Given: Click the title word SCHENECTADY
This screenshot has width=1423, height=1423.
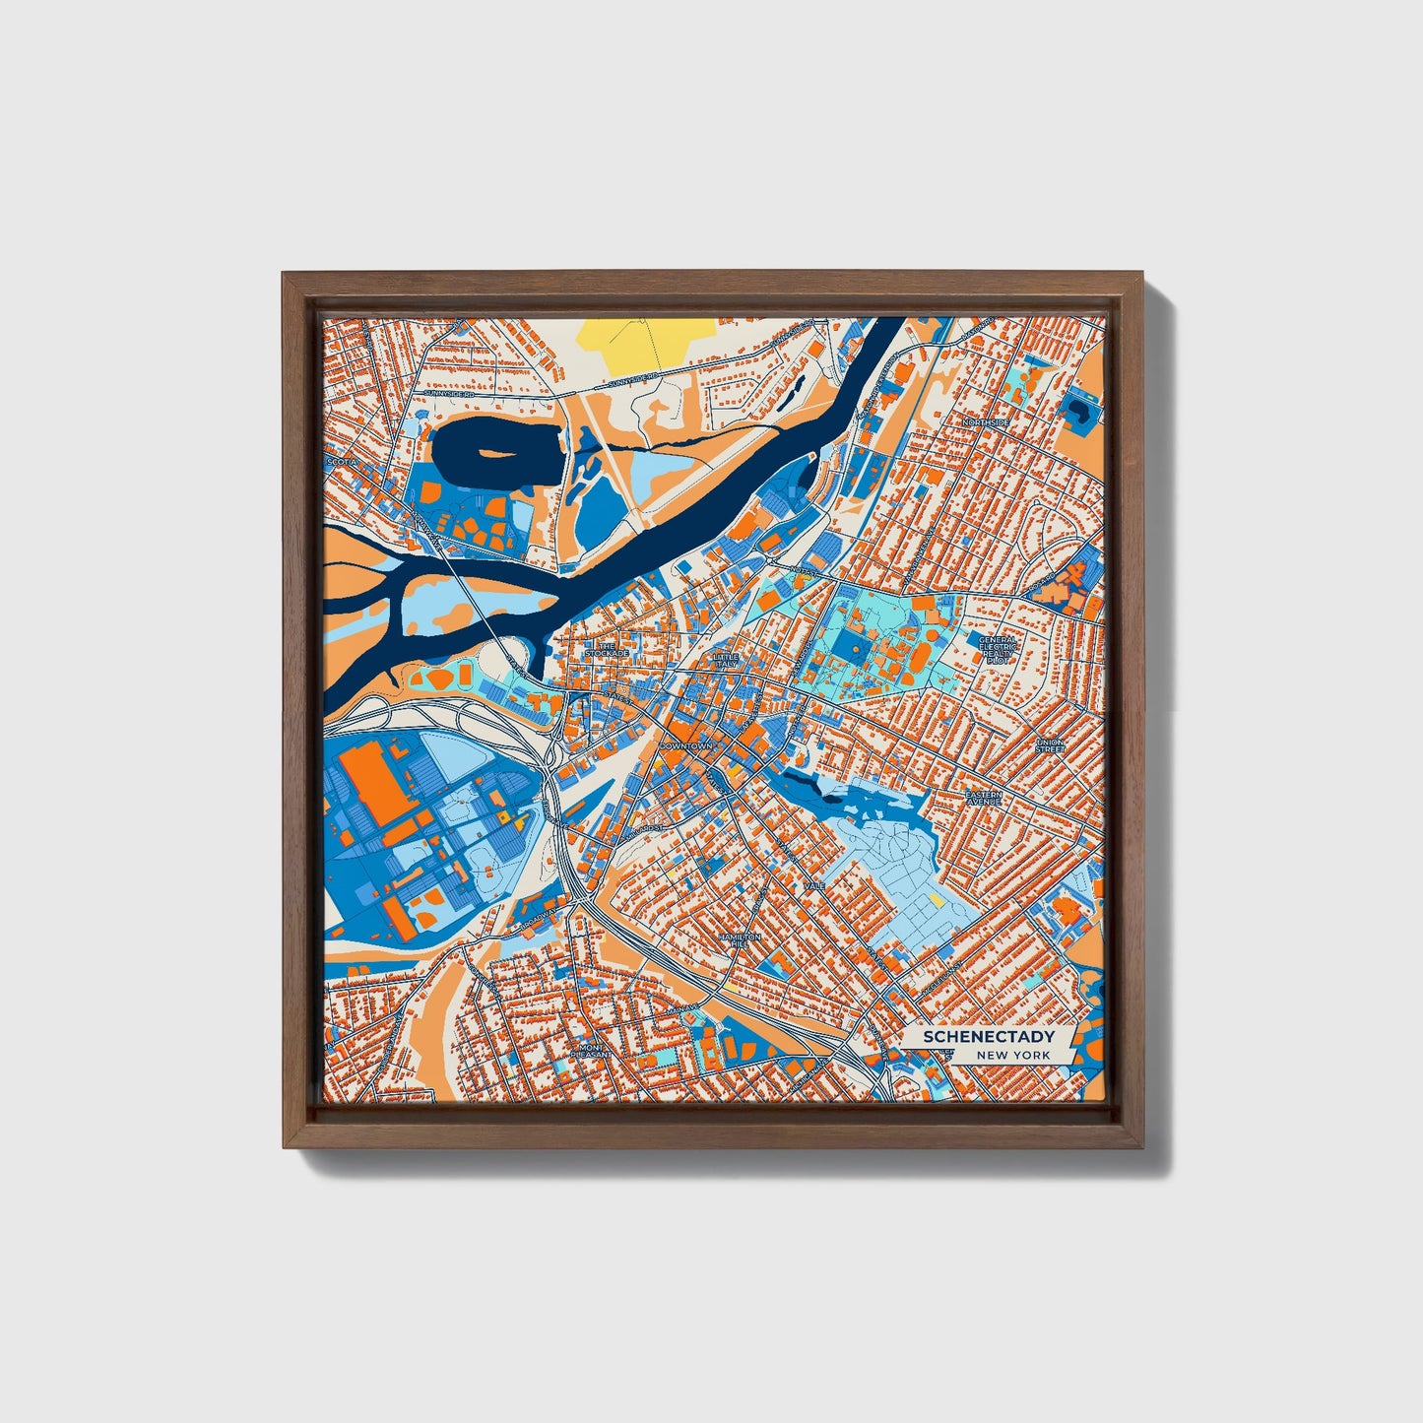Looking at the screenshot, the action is (988, 1036).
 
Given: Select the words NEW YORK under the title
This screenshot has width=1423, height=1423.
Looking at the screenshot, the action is (1013, 1055).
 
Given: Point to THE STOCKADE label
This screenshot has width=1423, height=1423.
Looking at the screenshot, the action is (606, 650).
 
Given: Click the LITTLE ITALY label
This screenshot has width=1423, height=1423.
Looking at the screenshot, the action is (726, 660).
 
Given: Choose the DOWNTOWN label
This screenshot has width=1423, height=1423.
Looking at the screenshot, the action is (685, 746).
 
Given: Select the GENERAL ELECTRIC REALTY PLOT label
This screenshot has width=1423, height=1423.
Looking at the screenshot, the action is (997, 649).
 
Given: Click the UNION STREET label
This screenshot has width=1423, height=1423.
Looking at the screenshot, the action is (1050, 745).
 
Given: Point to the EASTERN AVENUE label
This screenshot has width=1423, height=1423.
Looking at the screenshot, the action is (983, 798).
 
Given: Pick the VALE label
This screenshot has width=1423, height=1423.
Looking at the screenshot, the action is (814, 886).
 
